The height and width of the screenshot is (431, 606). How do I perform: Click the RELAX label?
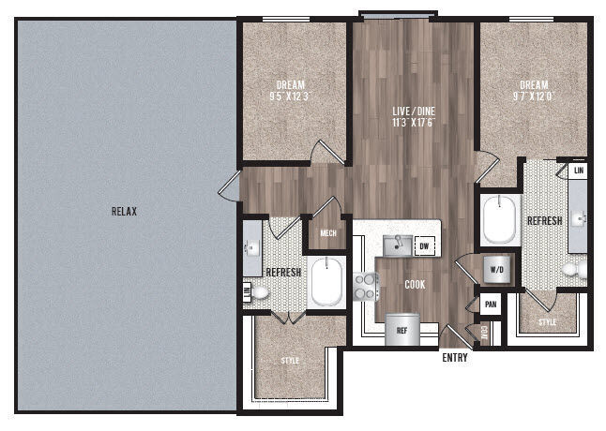124,212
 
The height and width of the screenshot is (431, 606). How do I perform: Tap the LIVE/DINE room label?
413,111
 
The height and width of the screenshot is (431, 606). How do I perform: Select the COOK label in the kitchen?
416,284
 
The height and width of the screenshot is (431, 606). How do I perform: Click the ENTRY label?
454,357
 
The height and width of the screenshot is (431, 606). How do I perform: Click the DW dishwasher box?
424,246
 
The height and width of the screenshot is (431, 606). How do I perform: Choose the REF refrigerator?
401,329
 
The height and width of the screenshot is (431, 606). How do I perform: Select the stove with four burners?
364,284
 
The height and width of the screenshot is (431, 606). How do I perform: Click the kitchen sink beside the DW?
398,245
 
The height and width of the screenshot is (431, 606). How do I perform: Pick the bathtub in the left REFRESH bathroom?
327,282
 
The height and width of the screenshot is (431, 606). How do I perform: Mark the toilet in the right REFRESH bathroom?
572,269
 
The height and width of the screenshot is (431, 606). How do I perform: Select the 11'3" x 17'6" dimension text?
413,121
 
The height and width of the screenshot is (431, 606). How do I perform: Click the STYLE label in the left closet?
291,360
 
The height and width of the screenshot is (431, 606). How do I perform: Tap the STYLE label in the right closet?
547,322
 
